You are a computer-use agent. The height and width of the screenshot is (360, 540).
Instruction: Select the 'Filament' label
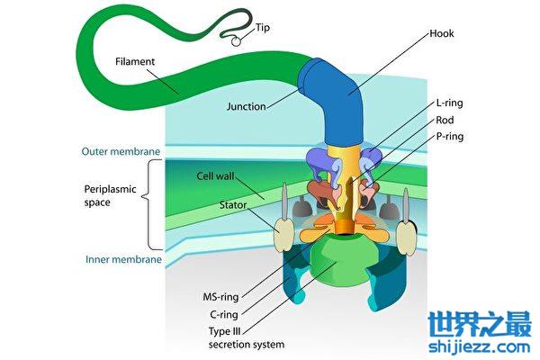point(137,63)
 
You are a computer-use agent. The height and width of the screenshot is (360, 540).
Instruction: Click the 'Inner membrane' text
point(123,260)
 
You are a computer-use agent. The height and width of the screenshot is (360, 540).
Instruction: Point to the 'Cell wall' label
point(216,176)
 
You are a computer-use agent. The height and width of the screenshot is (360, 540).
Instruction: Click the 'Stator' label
point(233,205)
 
